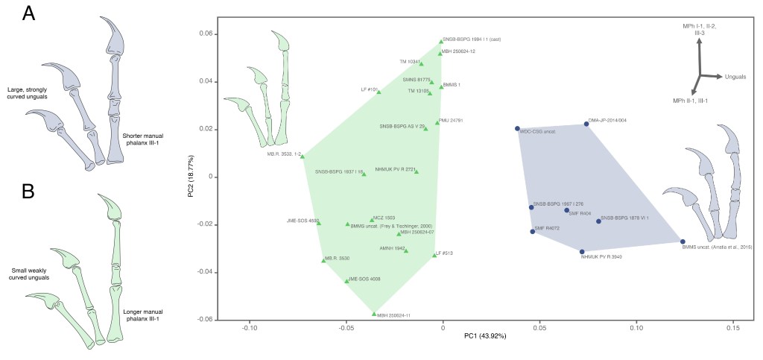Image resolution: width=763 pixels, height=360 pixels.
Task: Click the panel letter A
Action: point(28,13)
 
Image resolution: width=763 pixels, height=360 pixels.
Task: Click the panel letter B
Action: point(28,192)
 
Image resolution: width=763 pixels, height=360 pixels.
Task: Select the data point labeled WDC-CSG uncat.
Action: point(517,129)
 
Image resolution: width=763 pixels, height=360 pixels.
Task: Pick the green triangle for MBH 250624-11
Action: point(374,314)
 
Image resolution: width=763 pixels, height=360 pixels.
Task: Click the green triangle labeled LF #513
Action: point(434,255)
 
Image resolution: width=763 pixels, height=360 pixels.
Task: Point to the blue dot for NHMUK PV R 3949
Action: point(582,252)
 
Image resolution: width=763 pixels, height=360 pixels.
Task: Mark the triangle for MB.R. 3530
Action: point(323,260)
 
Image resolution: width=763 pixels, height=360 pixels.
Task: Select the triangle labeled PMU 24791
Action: point(437,122)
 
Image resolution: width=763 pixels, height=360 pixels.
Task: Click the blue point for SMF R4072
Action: point(533,232)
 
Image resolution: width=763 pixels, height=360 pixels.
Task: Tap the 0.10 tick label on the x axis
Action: point(636,327)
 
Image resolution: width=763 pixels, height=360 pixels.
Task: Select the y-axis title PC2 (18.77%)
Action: point(191,177)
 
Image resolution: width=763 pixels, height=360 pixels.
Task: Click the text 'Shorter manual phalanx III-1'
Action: point(146,139)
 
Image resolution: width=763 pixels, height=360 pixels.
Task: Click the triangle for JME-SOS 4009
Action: point(346,281)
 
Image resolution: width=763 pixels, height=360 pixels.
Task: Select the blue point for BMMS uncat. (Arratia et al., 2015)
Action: point(683,241)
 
